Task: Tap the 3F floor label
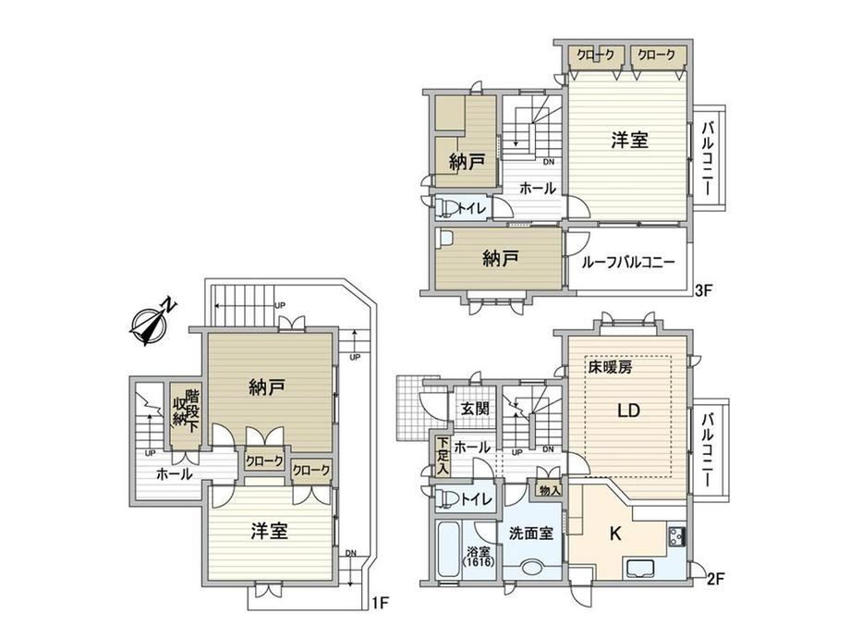click(x=703, y=290)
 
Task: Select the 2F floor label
click(x=715, y=580)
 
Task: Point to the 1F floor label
click(x=381, y=603)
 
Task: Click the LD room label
click(x=629, y=411)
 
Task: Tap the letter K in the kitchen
click(x=615, y=534)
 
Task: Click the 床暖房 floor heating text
click(x=611, y=367)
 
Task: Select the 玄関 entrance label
click(x=475, y=408)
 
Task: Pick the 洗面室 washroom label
click(x=531, y=534)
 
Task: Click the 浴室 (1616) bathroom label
click(x=479, y=558)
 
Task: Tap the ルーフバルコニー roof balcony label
click(x=628, y=263)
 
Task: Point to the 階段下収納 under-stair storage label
click(x=185, y=411)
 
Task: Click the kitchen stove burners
click(x=677, y=536)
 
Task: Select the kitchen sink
click(x=642, y=568)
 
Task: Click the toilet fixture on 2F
click(x=446, y=498)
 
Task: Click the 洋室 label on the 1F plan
click(x=270, y=531)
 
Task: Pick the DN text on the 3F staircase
click(x=549, y=162)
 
